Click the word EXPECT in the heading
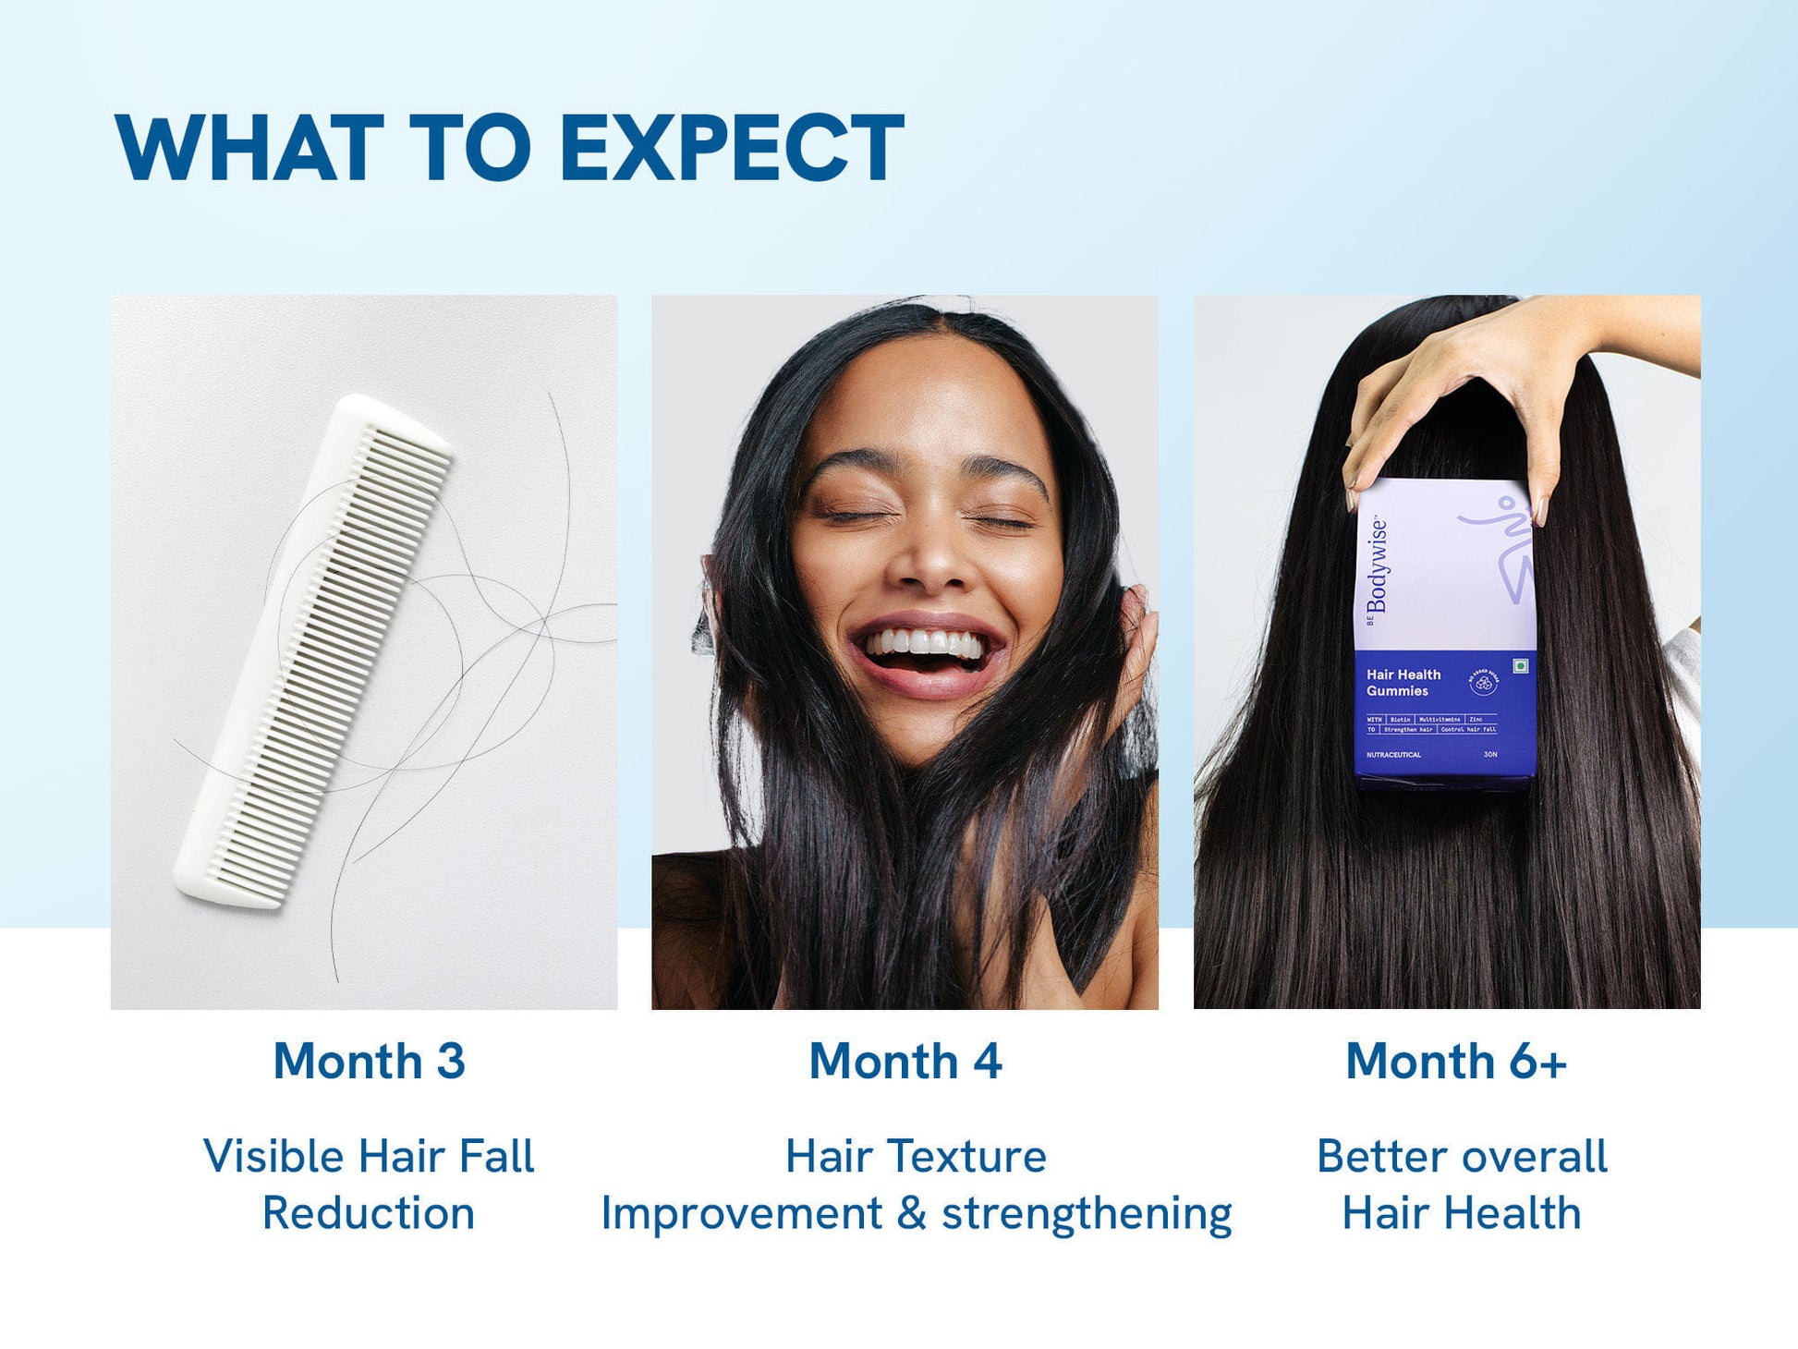731,148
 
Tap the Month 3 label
369,1061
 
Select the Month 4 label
905,1061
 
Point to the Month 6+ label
1455,1061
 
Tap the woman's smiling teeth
924,644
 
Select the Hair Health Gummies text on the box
1403,683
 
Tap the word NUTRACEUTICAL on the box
1393,755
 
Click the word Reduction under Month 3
368,1213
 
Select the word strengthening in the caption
1087,1214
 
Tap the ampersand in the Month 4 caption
911,1213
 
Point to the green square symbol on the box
1520,665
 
